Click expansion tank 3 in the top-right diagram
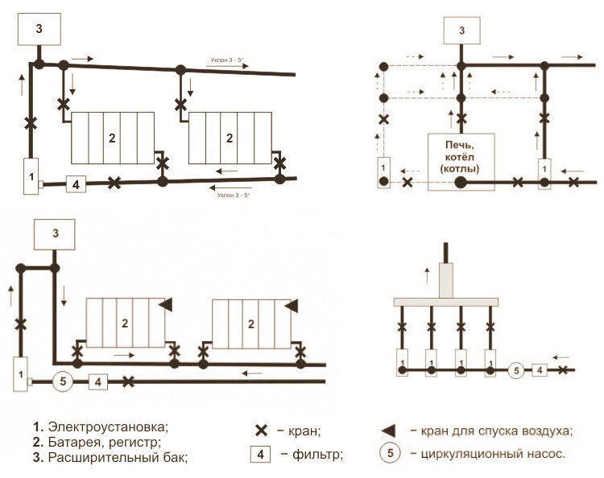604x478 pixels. pos(461,31)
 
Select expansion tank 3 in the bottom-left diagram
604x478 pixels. pos(56,234)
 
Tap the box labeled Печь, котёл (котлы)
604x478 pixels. pos(461,156)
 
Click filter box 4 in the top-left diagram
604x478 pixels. pos(74,184)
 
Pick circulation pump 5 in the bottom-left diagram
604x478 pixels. pos(63,381)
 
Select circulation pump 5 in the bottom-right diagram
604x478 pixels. pos(518,370)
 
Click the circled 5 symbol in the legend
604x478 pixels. pos(390,453)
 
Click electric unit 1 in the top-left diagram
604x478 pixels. pos(31,175)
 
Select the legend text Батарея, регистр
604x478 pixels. pos(104,442)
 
